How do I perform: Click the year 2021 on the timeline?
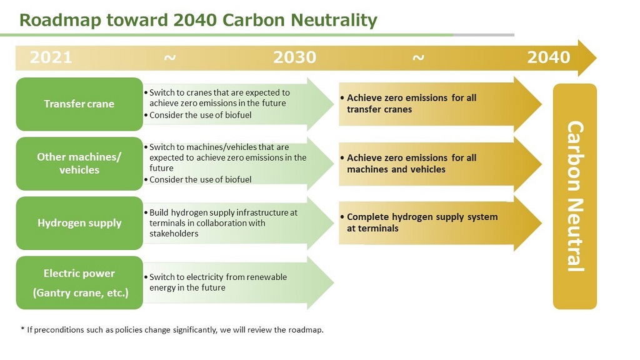[51, 57]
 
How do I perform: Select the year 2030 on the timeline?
[295, 57]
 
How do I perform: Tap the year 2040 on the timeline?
[549, 57]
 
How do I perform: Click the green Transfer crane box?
[79, 104]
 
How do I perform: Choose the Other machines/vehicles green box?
[79, 164]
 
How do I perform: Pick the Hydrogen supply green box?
[79, 223]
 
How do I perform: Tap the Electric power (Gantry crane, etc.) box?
[79, 283]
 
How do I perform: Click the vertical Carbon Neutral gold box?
[575, 196]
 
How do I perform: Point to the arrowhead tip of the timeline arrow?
[596, 58]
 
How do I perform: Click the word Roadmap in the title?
[59, 21]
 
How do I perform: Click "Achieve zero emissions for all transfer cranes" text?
[409, 104]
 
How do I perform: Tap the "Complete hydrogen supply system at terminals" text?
[419, 222]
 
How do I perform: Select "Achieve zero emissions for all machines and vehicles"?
[409, 163]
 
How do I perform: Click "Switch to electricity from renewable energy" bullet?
[216, 282]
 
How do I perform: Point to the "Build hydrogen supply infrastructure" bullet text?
[221, 223]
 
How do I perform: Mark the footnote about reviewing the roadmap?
[172, 330]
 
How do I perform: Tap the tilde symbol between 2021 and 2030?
[170, 57]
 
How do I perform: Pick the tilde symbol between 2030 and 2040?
[418, 57]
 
